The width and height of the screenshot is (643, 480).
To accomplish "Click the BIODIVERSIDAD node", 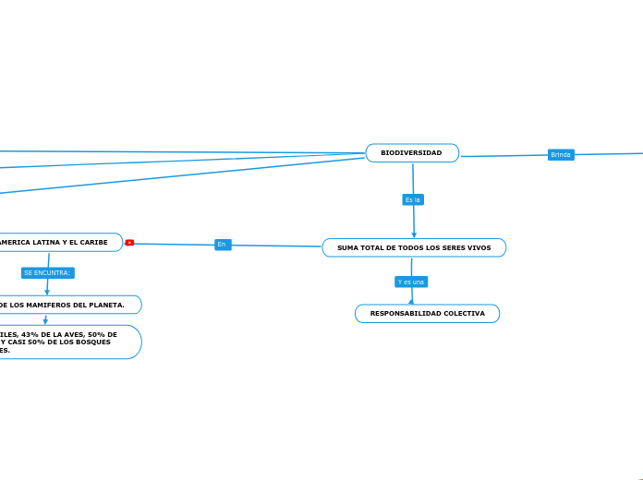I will point(412,153).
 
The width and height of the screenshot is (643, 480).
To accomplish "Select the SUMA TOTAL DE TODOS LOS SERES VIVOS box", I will point(414,247).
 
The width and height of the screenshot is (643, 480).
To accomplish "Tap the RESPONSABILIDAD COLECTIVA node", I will point(427,314).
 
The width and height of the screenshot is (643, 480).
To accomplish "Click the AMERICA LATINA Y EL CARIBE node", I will point(55,243).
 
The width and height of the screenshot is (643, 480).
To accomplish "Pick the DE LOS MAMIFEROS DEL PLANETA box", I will point(65,305).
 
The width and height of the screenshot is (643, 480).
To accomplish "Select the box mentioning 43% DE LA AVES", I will point(65,342).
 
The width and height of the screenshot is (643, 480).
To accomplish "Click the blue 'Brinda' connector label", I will point(561,155).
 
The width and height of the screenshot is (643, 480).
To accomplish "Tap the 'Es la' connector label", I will point(413,199).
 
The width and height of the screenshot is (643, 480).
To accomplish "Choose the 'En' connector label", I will point(222,245).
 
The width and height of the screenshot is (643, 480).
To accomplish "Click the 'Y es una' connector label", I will point(411,282).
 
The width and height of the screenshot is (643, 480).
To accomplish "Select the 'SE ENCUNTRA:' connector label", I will point(47,273).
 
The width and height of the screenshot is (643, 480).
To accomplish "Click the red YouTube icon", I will point(129,243).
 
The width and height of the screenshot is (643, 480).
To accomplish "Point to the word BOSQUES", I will point(91,342).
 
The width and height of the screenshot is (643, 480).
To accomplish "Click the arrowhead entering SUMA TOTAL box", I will point(414,234).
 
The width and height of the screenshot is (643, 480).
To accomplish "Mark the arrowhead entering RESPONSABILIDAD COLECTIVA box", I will point(411,301).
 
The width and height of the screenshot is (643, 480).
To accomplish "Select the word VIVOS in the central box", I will point(478,248).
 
